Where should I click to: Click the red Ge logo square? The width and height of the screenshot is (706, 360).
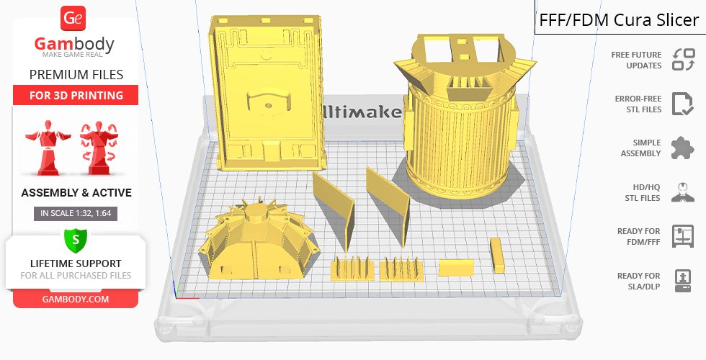(x=73, y=19)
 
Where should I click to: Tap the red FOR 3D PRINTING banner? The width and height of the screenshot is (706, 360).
(x=76, y=95)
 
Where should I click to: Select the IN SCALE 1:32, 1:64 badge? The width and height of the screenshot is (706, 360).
(x=76, y=213)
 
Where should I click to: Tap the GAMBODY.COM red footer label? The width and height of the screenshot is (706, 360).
(x=76, y=300)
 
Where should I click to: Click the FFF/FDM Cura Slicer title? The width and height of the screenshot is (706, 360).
(x=619, y=20)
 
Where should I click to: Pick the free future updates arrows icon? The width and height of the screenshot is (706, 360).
(x=684, y=60)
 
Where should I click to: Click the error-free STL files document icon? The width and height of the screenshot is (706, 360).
(x=683, y=104)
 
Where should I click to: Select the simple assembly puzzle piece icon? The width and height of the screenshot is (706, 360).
(x=683, y=148)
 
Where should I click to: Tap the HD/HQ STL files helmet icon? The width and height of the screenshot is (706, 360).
(x=683, y=192)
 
